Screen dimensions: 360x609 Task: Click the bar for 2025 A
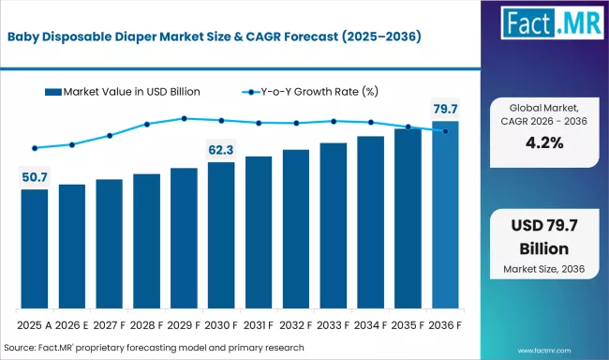tap(35, 248)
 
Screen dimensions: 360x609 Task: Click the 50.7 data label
tap(35, 175)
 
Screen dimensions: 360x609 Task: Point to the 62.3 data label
tap(221, 148)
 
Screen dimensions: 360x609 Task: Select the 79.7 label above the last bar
tap(445, 108)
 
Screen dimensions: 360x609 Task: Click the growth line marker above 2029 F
tap(184, 118)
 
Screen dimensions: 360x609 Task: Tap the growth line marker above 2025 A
tap(35, 148)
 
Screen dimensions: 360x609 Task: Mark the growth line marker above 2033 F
tap(333, 121)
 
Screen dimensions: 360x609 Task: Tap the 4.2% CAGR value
tap(543, 142)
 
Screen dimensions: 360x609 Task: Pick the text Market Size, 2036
tap(543, 269)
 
